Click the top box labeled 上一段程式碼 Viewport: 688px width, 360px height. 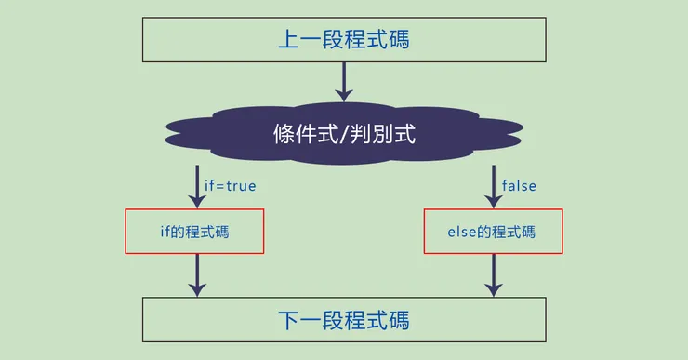tap(344, 40)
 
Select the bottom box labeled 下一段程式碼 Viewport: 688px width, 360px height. tap(344, 320)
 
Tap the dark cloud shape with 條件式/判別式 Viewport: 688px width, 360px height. tap(344, 134)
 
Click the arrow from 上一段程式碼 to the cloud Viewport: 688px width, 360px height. tap(344, 81)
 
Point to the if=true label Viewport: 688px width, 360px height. tap(230, 186)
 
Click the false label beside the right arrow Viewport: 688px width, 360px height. tap(519, 186)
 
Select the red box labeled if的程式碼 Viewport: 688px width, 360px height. tap(195, 232)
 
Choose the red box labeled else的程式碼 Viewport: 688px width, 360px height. tap(493, 232)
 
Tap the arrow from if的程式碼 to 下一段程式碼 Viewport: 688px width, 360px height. tap(196, 275)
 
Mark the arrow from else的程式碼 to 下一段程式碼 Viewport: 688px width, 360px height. tap(493, 275)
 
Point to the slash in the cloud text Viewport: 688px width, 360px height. tap(347, 134)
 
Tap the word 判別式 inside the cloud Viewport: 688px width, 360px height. tap(384, 134)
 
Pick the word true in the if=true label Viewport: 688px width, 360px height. tap(240, 186)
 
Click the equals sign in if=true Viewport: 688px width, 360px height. tap(219, 186)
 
